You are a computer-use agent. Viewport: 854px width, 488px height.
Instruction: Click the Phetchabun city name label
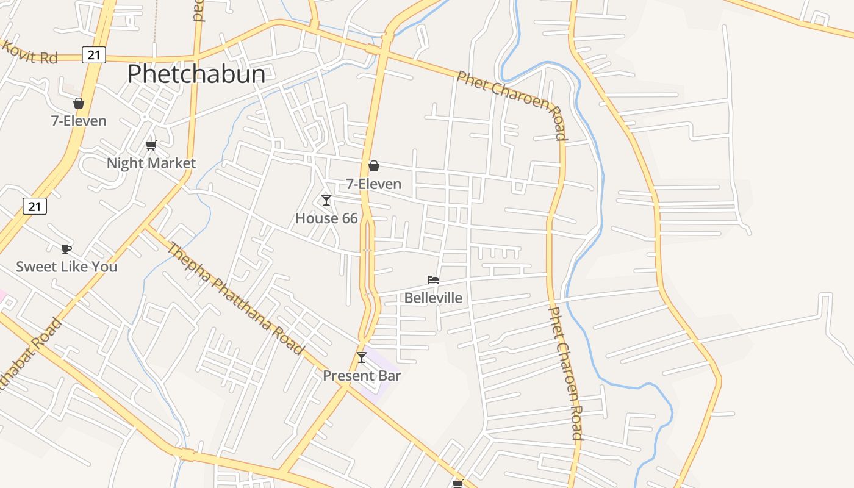[196, 74]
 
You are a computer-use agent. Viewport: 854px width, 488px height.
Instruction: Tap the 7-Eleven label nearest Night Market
[79, 121]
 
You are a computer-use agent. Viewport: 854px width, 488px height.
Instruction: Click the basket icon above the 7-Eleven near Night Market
[79, 103]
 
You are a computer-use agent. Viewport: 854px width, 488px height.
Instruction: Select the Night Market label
[151, 163]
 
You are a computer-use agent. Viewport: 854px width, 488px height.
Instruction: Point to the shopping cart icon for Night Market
[151, 145]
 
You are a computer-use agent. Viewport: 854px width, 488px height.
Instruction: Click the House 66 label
[326, 218]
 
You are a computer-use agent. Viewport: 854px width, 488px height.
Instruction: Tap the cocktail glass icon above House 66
[326, 200]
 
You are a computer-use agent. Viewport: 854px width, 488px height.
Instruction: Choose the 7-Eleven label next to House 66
[374, 184]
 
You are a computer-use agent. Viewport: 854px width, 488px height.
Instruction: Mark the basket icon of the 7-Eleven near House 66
[374, 166]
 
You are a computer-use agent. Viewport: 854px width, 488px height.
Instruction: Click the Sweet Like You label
[66, 267]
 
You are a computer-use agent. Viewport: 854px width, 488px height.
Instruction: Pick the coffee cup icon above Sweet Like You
[66, 249]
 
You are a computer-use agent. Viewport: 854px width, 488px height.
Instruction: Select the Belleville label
[433, 298]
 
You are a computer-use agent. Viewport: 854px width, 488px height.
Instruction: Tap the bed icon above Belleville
[433, 280]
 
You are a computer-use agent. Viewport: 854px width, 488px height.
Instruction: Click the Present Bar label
[362, 375]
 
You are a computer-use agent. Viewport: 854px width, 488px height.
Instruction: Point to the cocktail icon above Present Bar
[362, 357]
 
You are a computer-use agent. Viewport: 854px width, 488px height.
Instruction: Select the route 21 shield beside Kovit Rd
[93, 55]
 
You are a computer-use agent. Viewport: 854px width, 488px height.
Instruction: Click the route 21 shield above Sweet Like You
[35, 206]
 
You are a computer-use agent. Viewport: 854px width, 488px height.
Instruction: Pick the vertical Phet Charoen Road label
[566, 373]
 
